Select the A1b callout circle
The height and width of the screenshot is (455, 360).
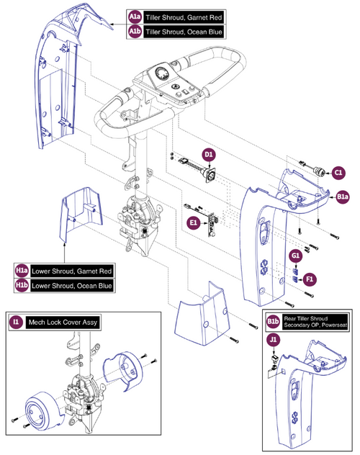(135, 33)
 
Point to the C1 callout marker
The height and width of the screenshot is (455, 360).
(339, 172)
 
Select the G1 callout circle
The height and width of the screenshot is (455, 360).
(295, 255)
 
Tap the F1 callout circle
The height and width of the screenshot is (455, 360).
(310, 276)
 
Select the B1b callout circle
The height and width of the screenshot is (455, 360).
(273, 320)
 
